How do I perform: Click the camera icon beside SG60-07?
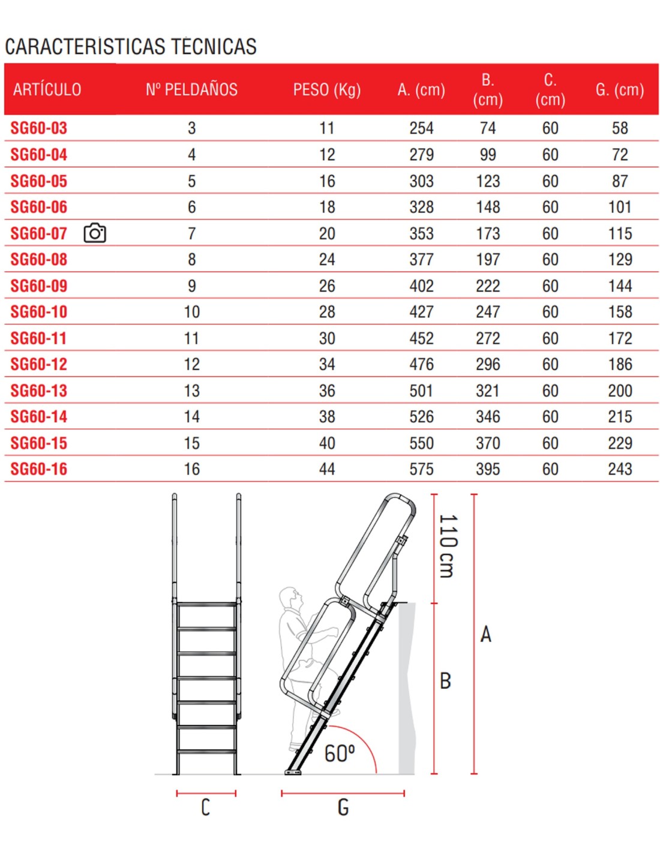pos(95,233)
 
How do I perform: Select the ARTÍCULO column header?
pos(47,90)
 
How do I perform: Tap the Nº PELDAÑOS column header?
pos(191,90)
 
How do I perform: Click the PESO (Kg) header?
pos(327,90)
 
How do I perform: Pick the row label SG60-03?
pos(39,128)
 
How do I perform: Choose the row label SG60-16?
pos(39,469)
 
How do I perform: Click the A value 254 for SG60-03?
pos(421,128)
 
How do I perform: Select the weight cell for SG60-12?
pos(327,364)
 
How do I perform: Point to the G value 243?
pos(620,469)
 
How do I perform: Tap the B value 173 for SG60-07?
pos(488,233)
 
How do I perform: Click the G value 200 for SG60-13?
pos(620,391)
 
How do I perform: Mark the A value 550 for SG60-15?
pos(421,443)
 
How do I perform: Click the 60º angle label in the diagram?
pos(340,753)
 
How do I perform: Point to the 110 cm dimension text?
pos(448,545)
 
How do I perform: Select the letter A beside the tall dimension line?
pos(485,634)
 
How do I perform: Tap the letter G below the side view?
pos(343,807)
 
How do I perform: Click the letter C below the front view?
pos(205,807)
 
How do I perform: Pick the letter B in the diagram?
pos(445,681)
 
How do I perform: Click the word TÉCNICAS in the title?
pos(214,47)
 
